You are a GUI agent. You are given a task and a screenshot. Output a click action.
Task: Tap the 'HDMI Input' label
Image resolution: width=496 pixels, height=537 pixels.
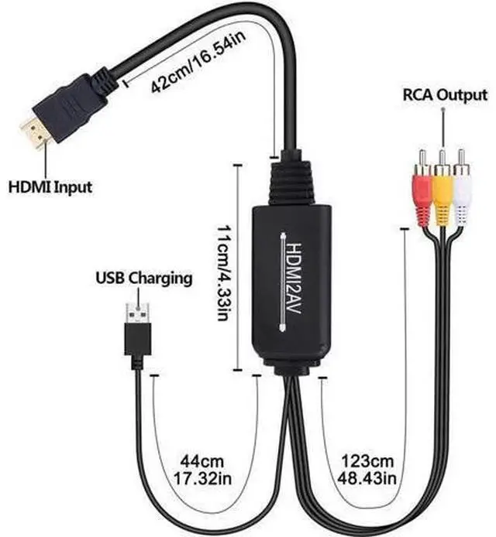tap(50, 186)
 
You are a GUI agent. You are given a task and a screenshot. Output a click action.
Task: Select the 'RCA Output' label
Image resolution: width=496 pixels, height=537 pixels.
tap(444, 96)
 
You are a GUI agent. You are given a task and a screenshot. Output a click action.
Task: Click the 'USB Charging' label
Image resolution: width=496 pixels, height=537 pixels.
tap(143, 278)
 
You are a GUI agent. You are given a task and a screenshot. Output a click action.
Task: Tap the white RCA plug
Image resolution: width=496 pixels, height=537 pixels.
tap(463, 193)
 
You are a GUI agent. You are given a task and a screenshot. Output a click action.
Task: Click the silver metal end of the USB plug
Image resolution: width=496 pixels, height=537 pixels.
tap(139, 313)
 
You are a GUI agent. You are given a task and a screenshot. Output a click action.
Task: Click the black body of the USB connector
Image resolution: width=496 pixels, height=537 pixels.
tap(138, 340)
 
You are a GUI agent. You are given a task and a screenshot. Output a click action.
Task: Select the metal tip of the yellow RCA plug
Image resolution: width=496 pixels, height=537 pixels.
tap(442, 159)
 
